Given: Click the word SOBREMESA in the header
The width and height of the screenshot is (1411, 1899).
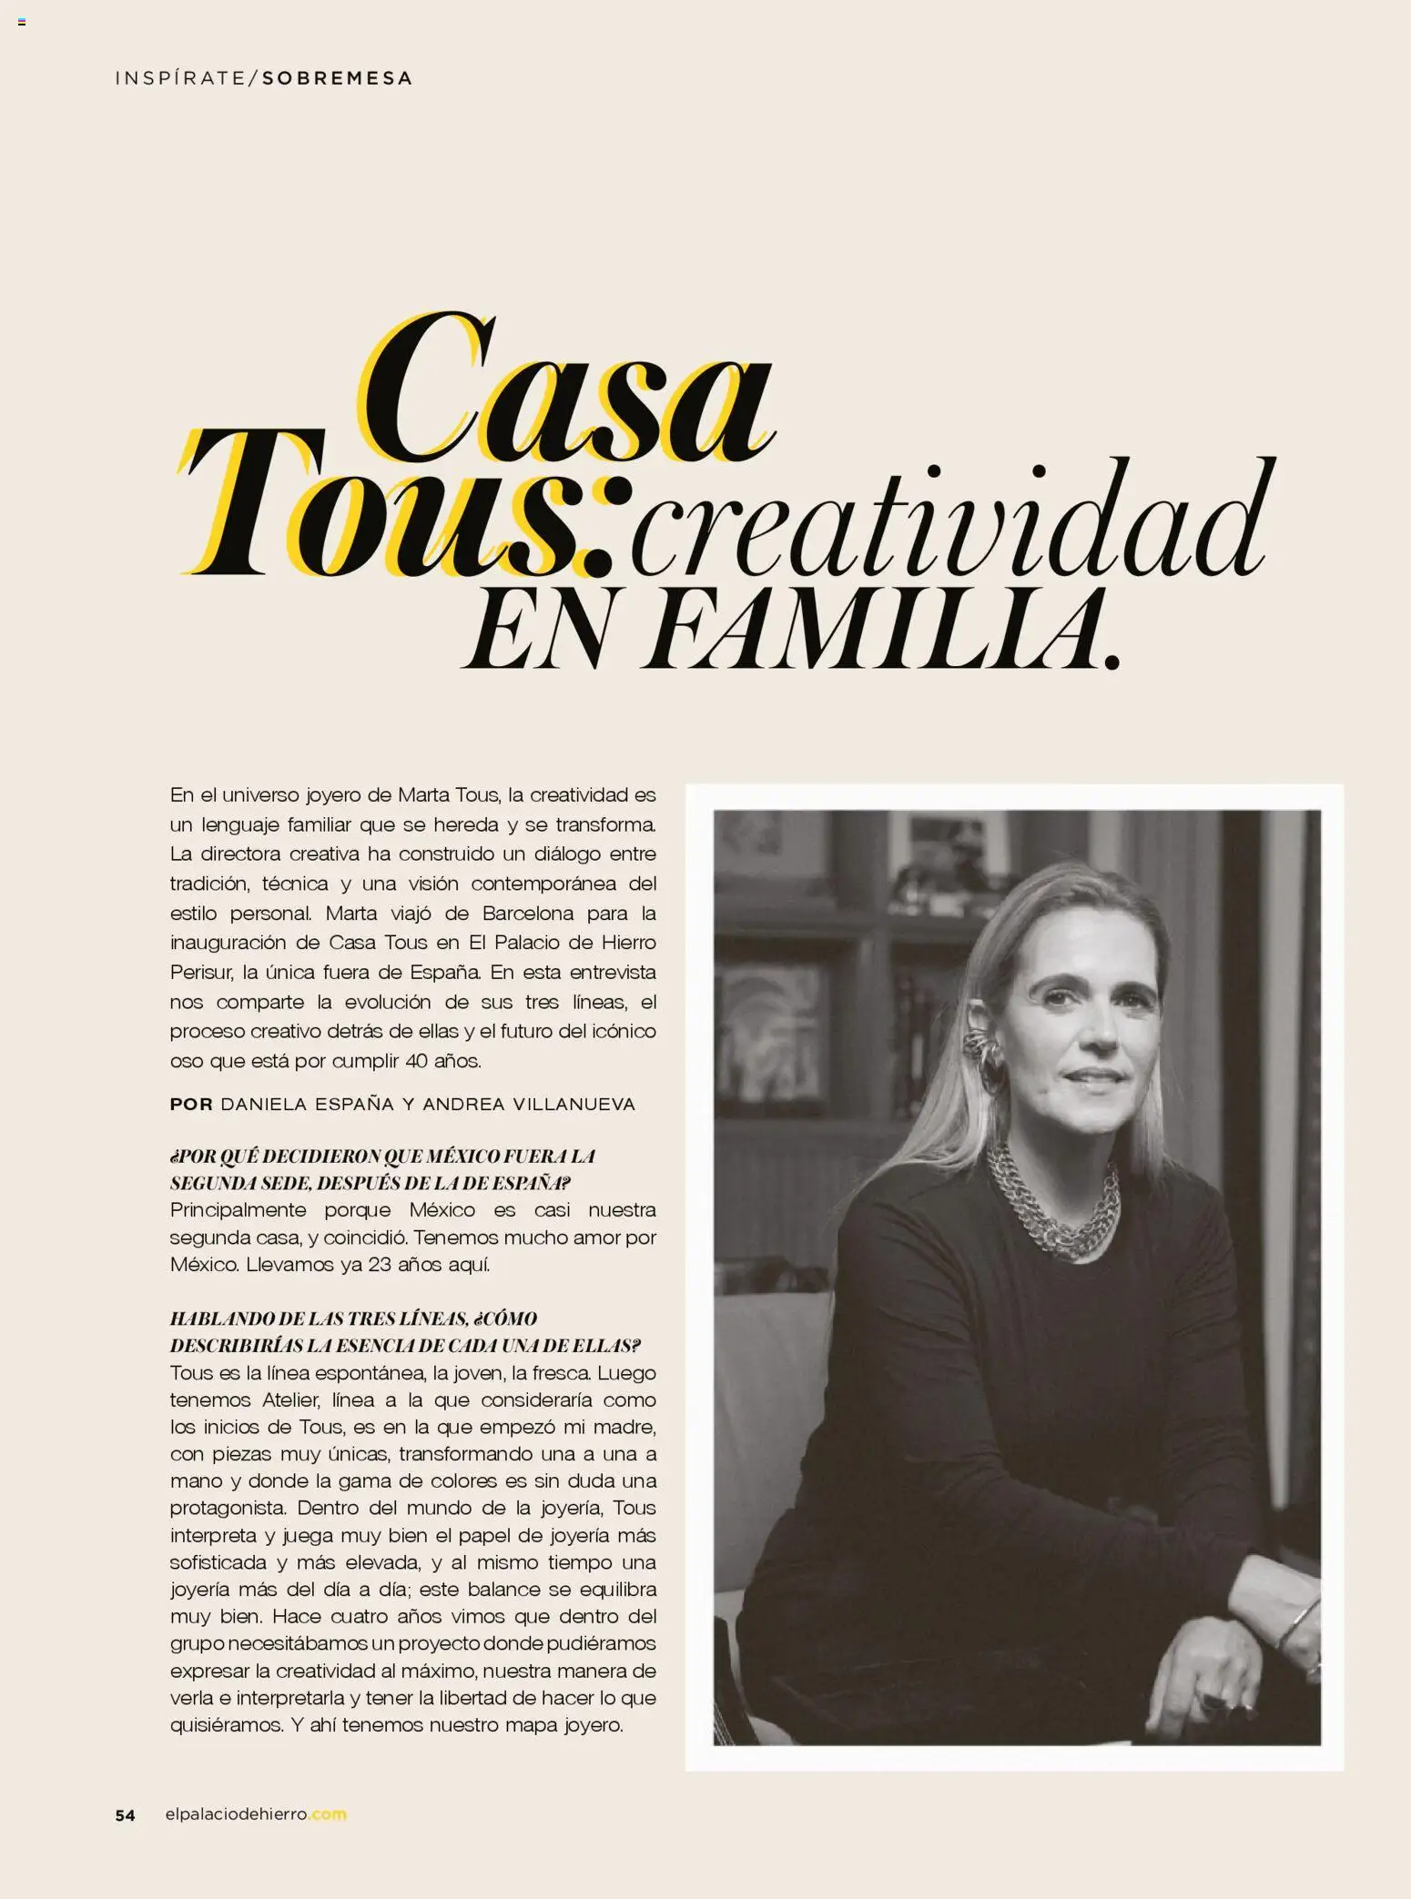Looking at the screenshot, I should pos(338,78).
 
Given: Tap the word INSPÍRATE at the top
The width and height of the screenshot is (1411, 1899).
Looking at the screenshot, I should pos(180,78).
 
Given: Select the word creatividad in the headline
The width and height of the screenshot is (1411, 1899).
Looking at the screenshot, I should pos(951,519).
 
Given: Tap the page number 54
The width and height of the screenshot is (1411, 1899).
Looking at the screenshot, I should pos(125,1815).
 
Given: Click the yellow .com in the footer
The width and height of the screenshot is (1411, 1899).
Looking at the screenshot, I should pos(328,1814).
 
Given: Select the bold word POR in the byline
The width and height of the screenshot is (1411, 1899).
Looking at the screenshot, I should pos(191,1105).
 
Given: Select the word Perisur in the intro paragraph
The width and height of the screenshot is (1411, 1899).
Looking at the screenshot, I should pos(201,972).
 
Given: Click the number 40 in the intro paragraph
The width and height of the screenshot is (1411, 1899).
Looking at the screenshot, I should pos(417,1061).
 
